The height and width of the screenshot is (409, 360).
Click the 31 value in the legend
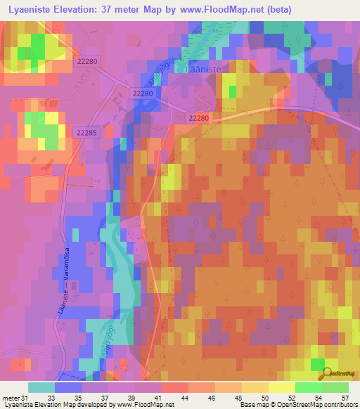[x=26, y=398]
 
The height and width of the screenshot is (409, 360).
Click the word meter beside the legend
[x=11, y=398]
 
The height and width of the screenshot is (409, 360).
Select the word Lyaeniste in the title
[x=29, y=9]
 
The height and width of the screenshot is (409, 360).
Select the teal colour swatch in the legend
[x=41, y=387]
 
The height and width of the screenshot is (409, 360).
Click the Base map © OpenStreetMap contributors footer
[x=299, y=405]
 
